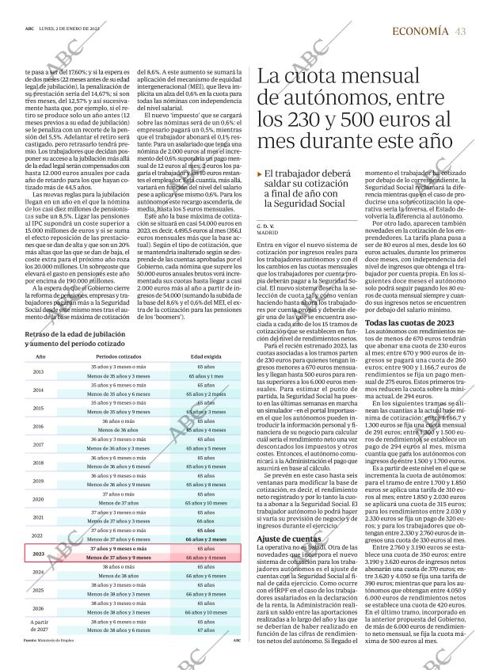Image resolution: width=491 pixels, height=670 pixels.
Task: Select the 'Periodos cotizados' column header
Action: [119, 357]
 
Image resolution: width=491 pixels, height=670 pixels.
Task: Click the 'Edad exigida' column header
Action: [205, 357]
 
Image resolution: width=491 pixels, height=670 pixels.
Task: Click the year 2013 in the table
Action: [38, 372]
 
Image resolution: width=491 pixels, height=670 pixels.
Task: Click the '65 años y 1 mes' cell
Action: [205, 376]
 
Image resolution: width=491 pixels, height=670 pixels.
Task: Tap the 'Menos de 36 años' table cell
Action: [119, 430]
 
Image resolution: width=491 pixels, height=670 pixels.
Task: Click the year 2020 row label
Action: [38, 499]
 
